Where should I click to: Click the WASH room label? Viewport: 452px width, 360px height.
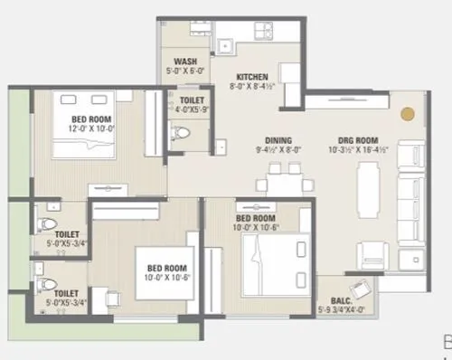click(185, 62)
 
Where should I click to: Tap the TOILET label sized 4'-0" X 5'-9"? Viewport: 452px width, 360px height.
click(192, 101)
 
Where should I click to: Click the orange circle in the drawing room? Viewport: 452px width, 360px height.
click(408, 115)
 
